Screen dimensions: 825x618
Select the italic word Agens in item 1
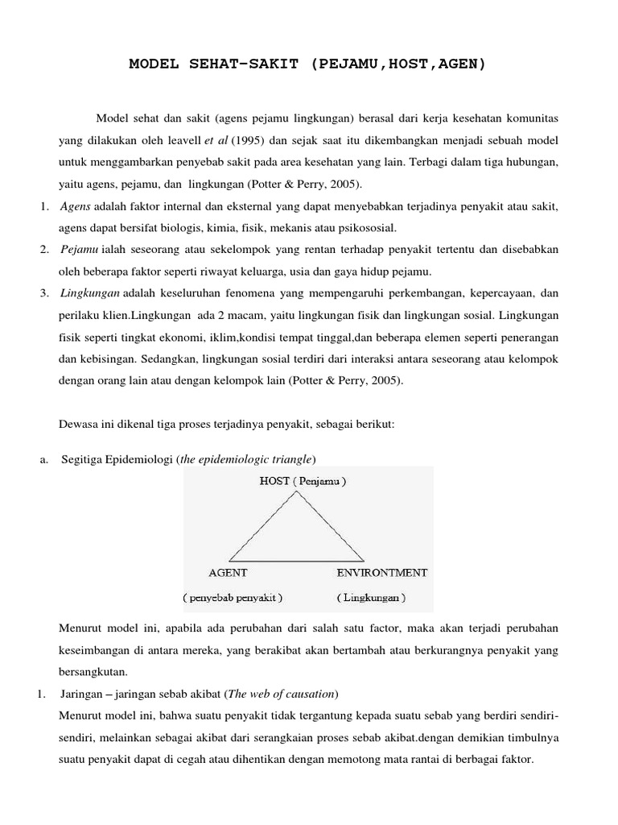click(x=76, y=207)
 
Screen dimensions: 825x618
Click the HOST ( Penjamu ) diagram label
click(x=303, y=483)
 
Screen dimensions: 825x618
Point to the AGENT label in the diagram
click(x=228, y=573)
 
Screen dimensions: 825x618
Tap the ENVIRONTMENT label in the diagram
click(x=381, y=573)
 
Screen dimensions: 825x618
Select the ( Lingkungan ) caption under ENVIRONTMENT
click(x=372, y=599)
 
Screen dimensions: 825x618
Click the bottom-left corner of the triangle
click(x=229, y=561)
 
